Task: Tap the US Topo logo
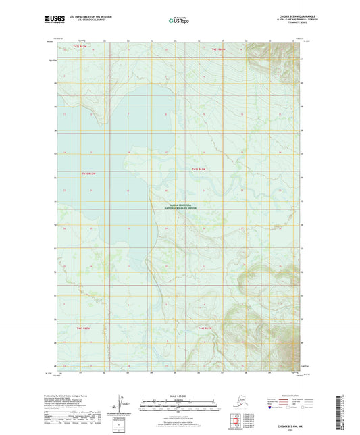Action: [179, 20]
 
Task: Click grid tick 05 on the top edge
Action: [175, 41]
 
